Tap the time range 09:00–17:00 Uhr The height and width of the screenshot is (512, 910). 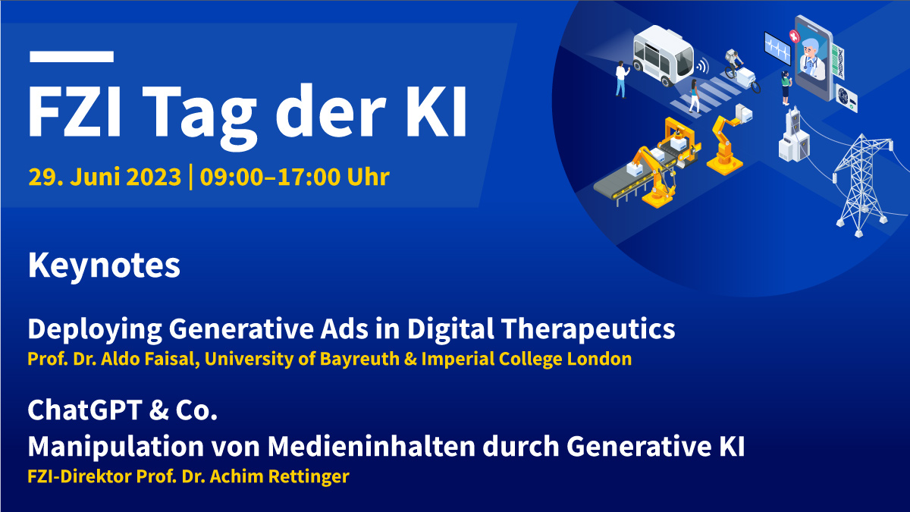292,177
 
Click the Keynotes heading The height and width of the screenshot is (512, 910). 104,266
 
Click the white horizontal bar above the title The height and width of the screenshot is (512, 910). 71,56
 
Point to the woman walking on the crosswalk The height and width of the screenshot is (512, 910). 694,96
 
